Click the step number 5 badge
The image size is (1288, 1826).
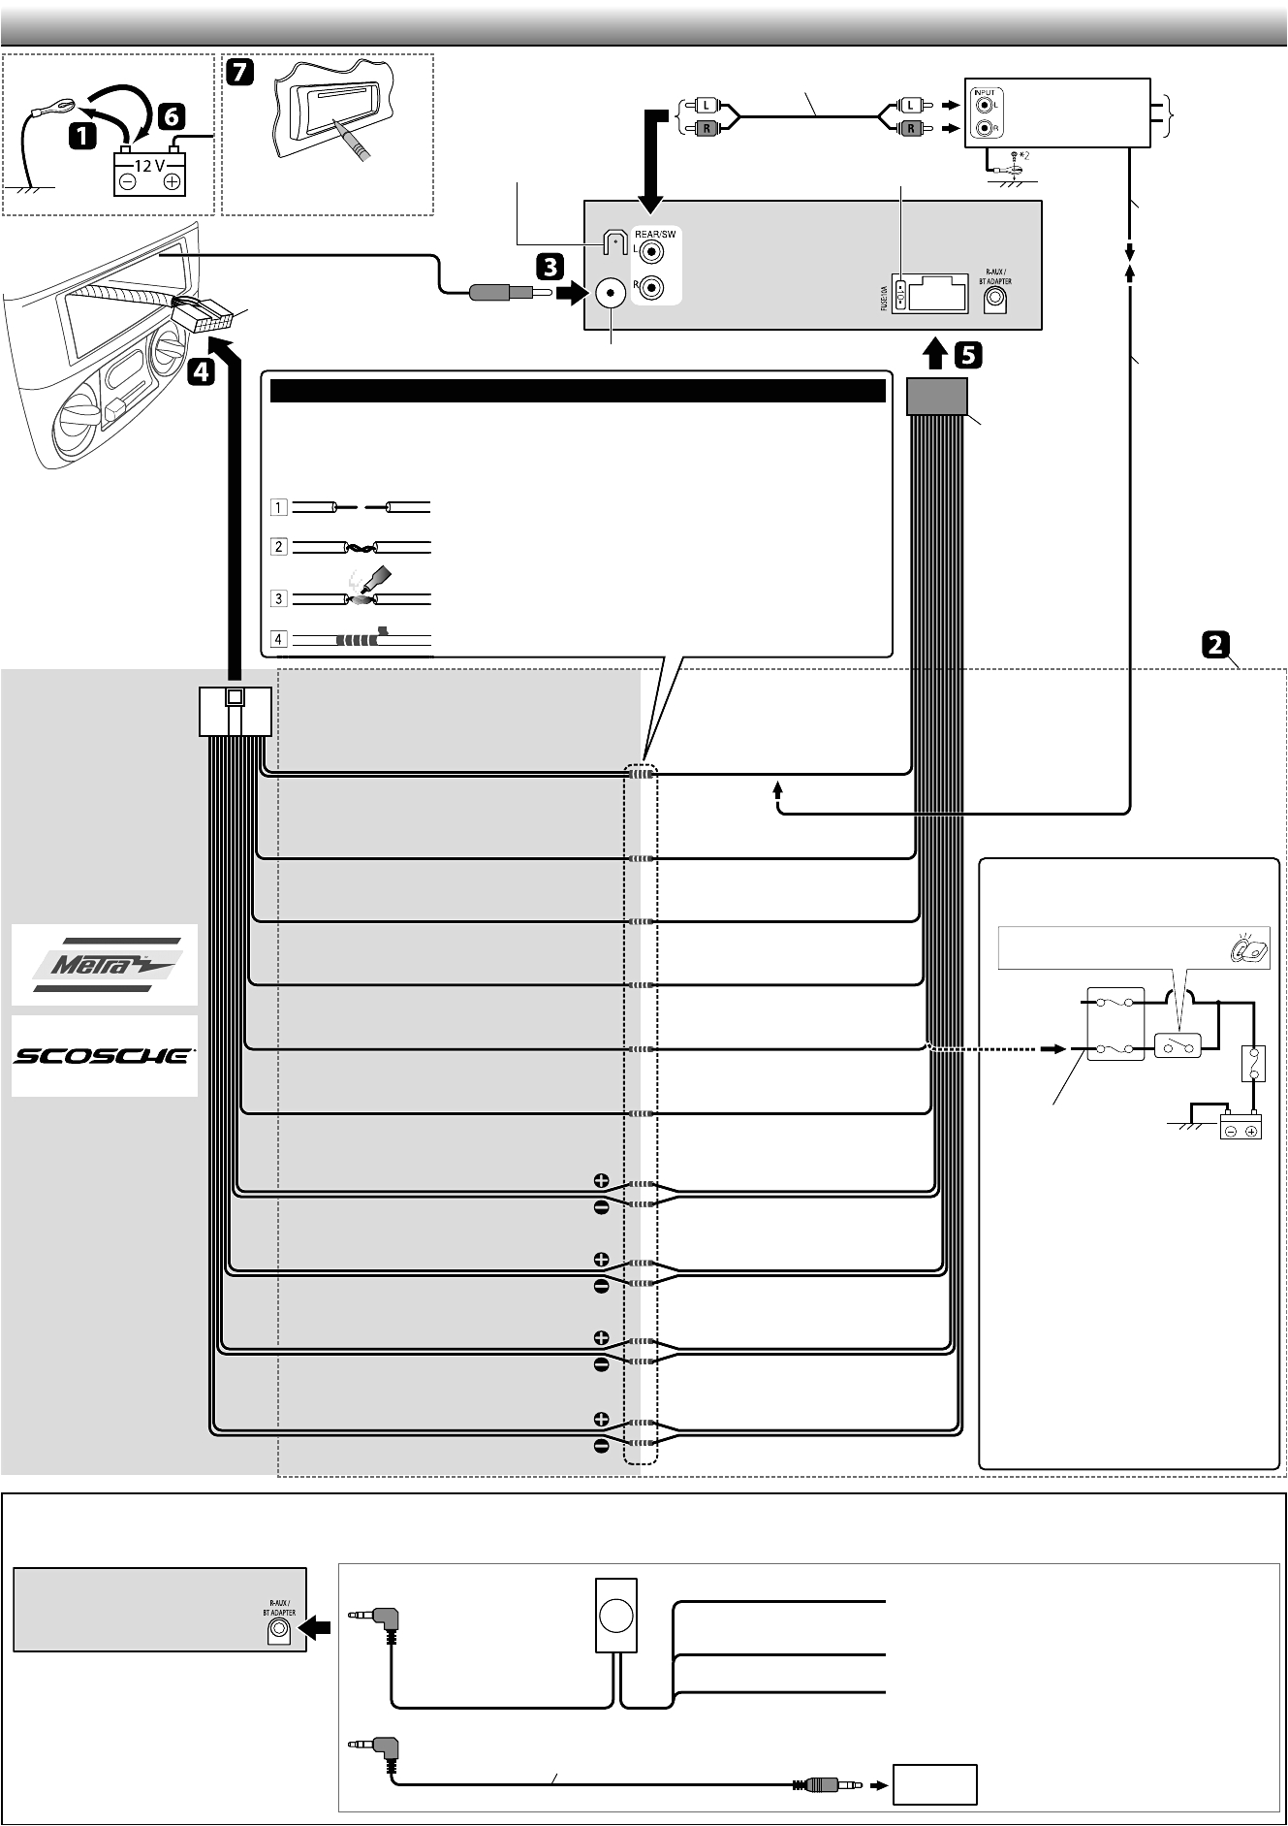click(x=967, y=356)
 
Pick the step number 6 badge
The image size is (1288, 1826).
click(x=169, y=117)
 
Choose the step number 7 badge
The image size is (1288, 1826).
click(x=239, y=71)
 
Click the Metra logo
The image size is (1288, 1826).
click(x=105, y=965)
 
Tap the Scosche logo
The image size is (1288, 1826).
click(x=105, y=1056)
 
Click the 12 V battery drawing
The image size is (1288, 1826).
click(x=149, y=174)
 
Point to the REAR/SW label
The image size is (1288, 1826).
click(x=655, y=233)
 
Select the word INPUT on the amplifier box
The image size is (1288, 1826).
click(x=984, y=93)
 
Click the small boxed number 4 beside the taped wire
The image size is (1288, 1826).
click(x=279, y=640)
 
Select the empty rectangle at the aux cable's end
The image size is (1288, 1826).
click(x=934, y=1784)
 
